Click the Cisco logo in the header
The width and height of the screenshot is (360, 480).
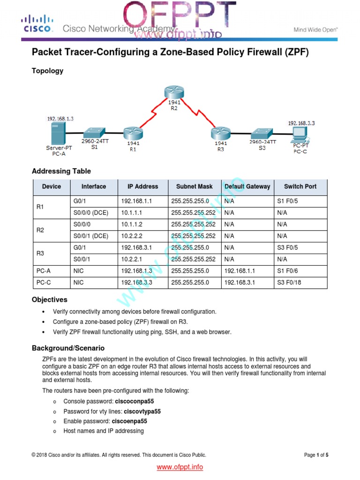(x=36, y=24)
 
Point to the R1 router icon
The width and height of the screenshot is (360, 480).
(x=133, y=134)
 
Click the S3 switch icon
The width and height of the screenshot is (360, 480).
(x=262, y=134)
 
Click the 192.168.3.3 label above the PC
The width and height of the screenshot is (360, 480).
(x=301, y=123)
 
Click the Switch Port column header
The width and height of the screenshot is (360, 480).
(x=300, y=187)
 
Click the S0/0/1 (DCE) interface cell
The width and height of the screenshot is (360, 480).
(x=91, y=236)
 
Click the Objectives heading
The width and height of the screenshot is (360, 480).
(x=50, y=300)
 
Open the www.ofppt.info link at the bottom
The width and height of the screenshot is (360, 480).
(x=180, y=467)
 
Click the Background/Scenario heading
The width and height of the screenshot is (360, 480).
(x=68, y=348)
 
